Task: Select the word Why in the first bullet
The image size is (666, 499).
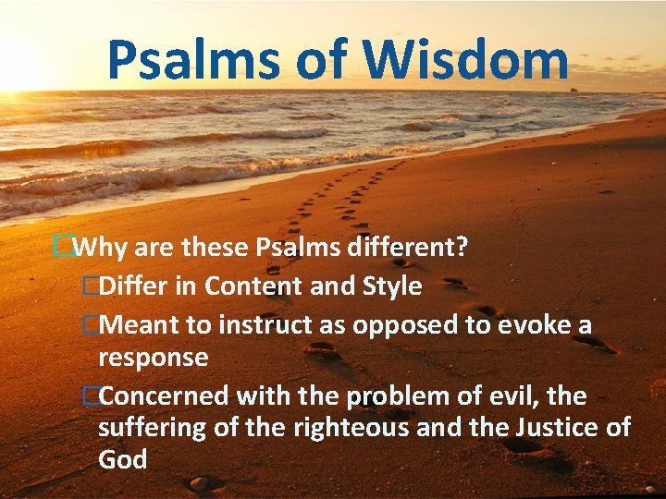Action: [101, 248]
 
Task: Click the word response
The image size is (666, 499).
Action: [153, 358]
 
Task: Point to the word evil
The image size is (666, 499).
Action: [512, 396]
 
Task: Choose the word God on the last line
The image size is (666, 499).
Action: [122, 459]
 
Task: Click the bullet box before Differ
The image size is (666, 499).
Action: [90, 286]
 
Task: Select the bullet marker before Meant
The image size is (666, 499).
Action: [90, 325]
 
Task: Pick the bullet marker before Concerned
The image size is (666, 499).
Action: [90, 396]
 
